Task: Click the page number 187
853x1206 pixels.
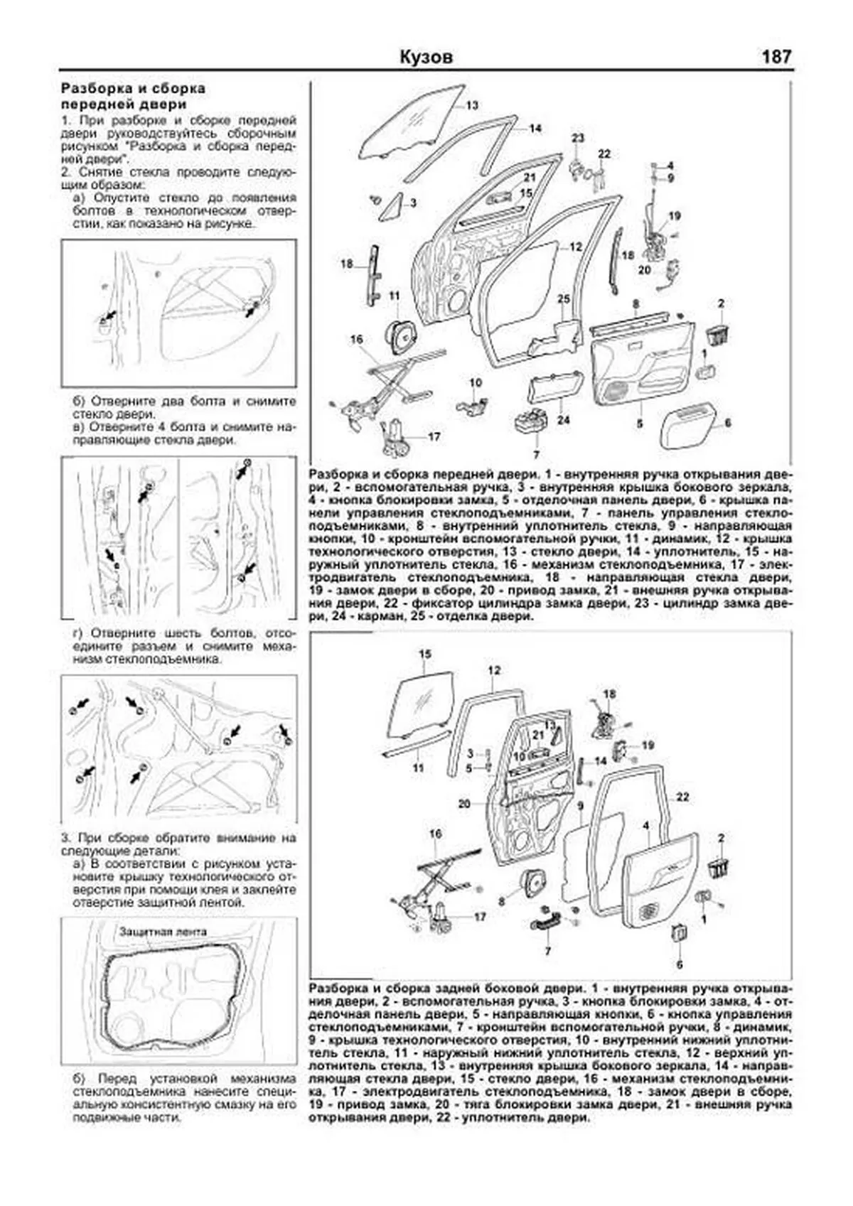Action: (776, 57)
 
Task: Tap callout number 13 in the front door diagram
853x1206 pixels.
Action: (473, 105)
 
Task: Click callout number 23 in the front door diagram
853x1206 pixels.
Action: (577, 137)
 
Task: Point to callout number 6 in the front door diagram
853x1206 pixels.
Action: (728, 422)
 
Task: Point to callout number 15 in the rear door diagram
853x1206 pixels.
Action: (425, 654)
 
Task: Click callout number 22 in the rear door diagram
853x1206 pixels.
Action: (683, 797)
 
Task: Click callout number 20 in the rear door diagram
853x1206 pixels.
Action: (465, 804)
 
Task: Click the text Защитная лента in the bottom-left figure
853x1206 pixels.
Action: (163, 931)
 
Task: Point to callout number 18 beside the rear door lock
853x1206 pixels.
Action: (609, 694)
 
